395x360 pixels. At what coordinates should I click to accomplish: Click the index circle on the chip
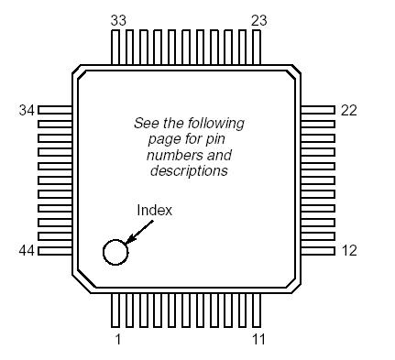(115, 252)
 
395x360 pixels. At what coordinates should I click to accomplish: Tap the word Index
(154, 210)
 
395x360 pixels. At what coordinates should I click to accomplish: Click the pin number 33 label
(118, 19)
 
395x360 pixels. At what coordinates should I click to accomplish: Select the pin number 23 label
(259, 19)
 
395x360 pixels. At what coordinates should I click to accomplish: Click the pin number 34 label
(27, 110)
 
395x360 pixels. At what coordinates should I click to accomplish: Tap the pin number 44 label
(27, 250)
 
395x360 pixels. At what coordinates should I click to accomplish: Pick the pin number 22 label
(348, 110)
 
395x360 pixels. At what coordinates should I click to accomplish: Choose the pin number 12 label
(348, 250)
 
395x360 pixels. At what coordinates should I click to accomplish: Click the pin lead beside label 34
(55, 110)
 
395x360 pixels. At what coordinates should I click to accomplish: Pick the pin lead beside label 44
(55, 250)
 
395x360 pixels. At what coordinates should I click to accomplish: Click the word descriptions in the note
(189, 171)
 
